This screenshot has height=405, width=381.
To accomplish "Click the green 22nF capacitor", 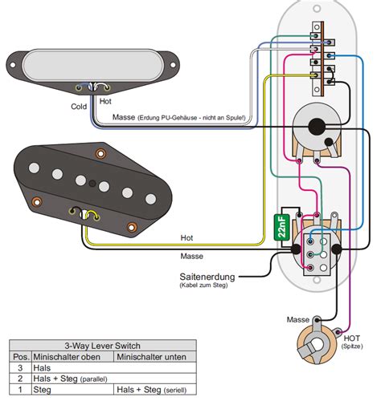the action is [281, 227].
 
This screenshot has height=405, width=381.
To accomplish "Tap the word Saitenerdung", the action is [207, 277].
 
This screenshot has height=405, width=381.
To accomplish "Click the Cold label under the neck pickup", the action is [79, 107].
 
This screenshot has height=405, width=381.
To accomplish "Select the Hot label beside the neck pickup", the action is [105, 101].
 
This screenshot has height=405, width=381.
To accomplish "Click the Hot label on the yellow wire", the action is [186, 237].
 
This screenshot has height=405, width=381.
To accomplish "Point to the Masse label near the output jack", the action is [298, 319].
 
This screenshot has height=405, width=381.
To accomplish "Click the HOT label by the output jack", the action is [352, 338].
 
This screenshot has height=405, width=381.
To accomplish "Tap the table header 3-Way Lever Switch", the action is [102, 346].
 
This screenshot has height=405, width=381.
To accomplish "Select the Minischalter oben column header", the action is [67, 357].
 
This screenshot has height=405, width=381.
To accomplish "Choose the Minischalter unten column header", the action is [151, 357].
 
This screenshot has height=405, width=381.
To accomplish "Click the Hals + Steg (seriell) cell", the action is [151, 390].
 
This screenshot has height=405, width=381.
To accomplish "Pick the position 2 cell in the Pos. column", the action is [20, 379].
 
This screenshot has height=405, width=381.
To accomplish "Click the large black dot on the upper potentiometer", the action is [317, 127].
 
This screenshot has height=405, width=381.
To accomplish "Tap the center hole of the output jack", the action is [317, 344].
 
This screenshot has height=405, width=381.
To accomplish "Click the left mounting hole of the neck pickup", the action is [12, 65].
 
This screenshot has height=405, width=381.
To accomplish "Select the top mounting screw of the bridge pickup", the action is [101, 153].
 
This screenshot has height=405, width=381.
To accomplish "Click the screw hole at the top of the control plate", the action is [317, 8].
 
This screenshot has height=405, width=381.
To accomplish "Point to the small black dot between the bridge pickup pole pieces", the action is [92, 184].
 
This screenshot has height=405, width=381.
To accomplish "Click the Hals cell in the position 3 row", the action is [42, 368].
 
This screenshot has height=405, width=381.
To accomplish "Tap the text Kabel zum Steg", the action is [203, 285].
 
